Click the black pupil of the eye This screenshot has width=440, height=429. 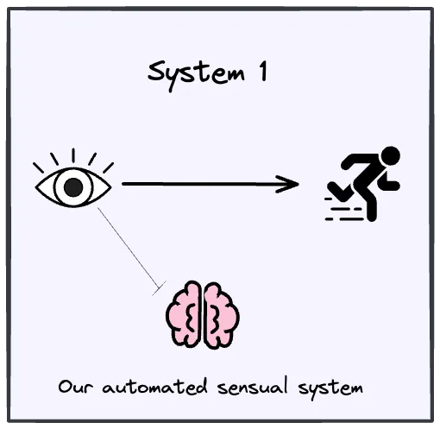75,186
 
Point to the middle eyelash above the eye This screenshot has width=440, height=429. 74,156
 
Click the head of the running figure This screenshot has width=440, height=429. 391,156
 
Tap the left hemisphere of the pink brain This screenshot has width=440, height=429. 185,314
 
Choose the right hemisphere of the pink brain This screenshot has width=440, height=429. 221,314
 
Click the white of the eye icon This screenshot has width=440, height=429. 53,186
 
